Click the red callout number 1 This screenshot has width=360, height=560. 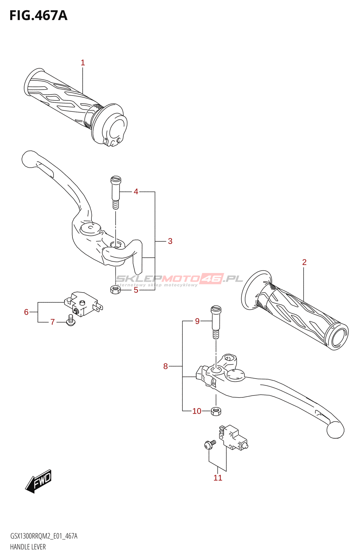(x=83, y=63)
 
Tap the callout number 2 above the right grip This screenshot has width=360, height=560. (x=304, y=262)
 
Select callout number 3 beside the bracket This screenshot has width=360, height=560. (x=170, y=241)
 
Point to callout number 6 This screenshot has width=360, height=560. (x=26, y=312)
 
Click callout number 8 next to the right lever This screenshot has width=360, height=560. (x=166, y=366)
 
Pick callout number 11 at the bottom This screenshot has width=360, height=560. (x=218, y=478)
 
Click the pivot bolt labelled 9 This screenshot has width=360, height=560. (x=216, y=322)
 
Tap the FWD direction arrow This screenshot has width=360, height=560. (x=39, y=481)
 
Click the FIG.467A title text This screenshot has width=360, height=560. (x=38, y=15)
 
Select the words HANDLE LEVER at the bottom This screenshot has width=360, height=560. (x=28, y=547)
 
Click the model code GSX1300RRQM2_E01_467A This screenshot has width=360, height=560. (x=44, y=536)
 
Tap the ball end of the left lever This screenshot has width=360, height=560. (x=29, y=159)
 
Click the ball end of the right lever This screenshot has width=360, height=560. (x=335, y=429)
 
